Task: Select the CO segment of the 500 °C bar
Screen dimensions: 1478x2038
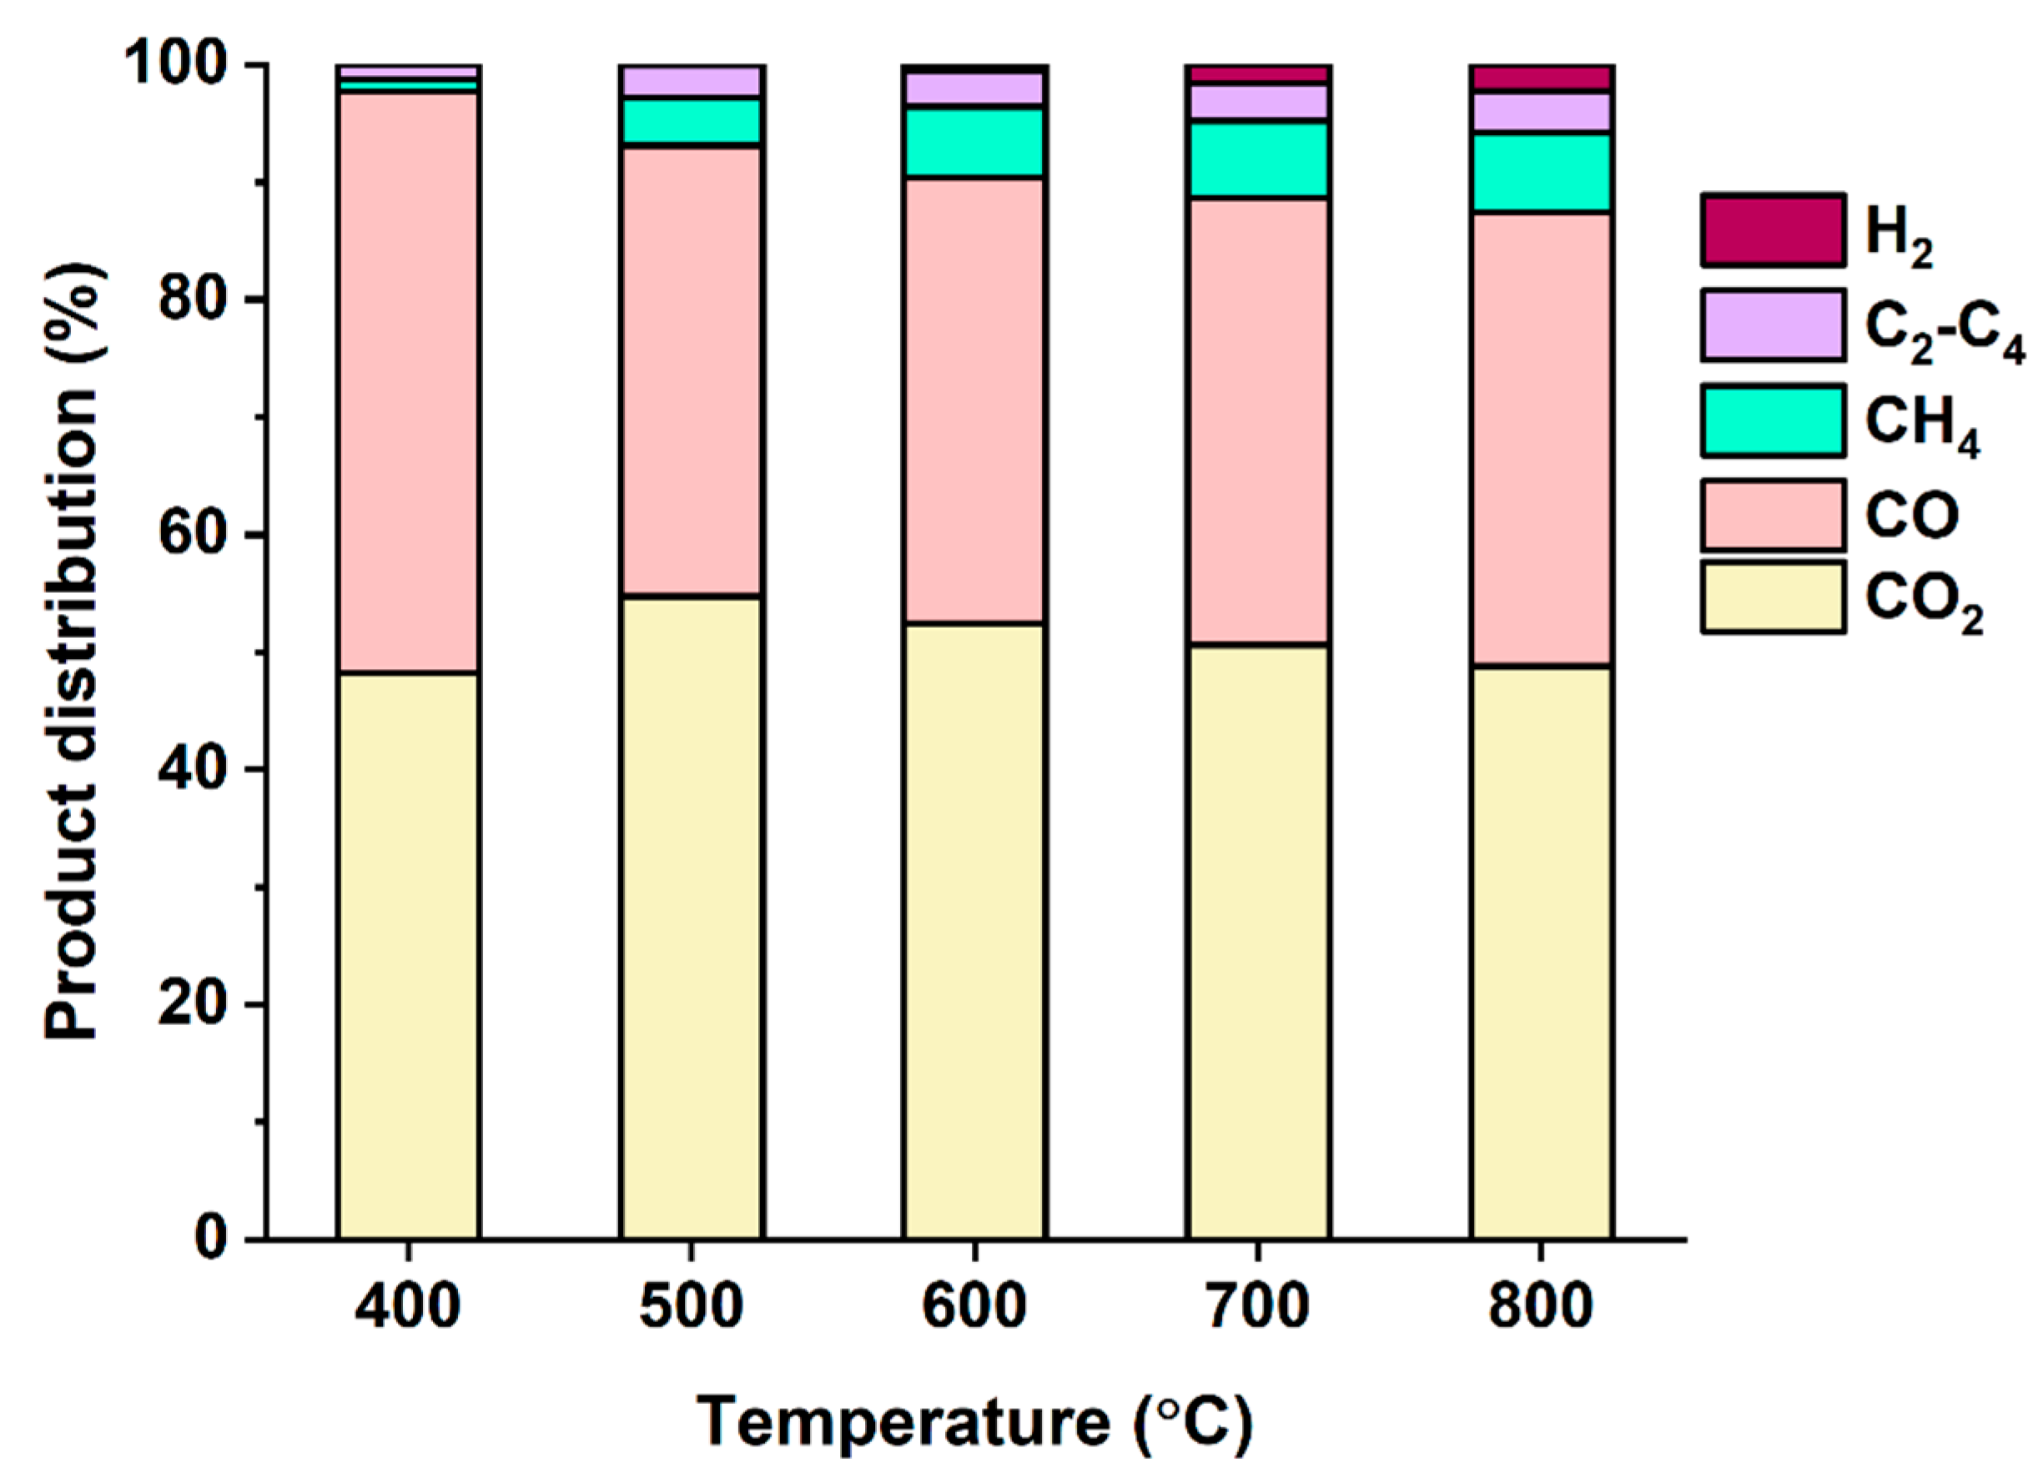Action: pos(691,370)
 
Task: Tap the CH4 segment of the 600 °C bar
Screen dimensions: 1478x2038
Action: pos(974,142)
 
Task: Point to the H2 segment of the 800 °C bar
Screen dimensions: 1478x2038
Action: pos(1540,78)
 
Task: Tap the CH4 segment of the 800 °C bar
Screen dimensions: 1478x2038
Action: pos(1540,173)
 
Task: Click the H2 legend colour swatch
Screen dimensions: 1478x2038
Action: pos(1772,230)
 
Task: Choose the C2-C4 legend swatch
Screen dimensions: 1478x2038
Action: pos(1772,325)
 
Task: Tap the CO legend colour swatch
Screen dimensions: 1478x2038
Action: pos(1772,515)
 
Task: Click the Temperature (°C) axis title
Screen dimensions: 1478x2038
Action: pos(974,1422)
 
